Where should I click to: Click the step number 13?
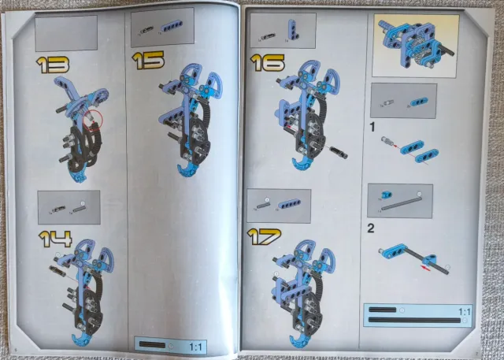pyautogui.click(x=53, y=65)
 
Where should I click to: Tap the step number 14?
pyautogui.click(x=55, y=239)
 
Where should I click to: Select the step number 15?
pyautogui.click(x=148, y=61)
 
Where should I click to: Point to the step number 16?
pyautogui.click(x=268, y=63)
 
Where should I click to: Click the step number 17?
pyautogui.click(x=264, y=236)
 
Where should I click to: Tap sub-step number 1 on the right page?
pyautogui.click(x=372, y=128)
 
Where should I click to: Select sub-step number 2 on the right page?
pyautogui.click(x=371, y=228)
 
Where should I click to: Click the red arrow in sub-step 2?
pyautogui.click(x=426, y=269)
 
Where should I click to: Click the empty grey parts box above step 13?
pyautogui.click(x=66, y=33)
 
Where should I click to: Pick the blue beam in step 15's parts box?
pyautogui.click(x=172, y=26)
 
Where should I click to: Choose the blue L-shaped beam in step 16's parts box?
pyautogui.click(x=293, y=30)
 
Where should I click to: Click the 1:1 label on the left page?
pyautogui.click(x=195, y=347)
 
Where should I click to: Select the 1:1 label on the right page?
pyautogui.click(x=464, y=311)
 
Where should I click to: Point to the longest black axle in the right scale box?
pyautogui.click(x=414, y=320)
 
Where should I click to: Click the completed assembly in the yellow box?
pyautogui.click(x=416, y=44)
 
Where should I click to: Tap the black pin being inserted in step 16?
pyautogui.click(x=338, y=152)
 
